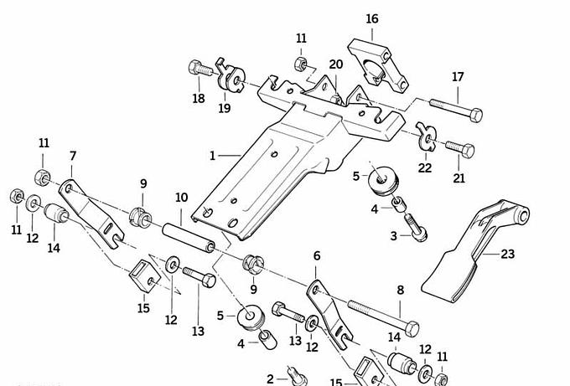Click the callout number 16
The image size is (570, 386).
pos(372,18)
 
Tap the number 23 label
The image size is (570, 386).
pos(508,255)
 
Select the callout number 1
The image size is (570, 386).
pos(213,156)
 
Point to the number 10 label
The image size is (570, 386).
pos(181,198)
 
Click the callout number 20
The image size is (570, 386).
pos(336,64)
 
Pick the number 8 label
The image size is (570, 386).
pos(400,290)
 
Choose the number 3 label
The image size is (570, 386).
pos(393,237)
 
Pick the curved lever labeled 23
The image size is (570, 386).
pos(469,251)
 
